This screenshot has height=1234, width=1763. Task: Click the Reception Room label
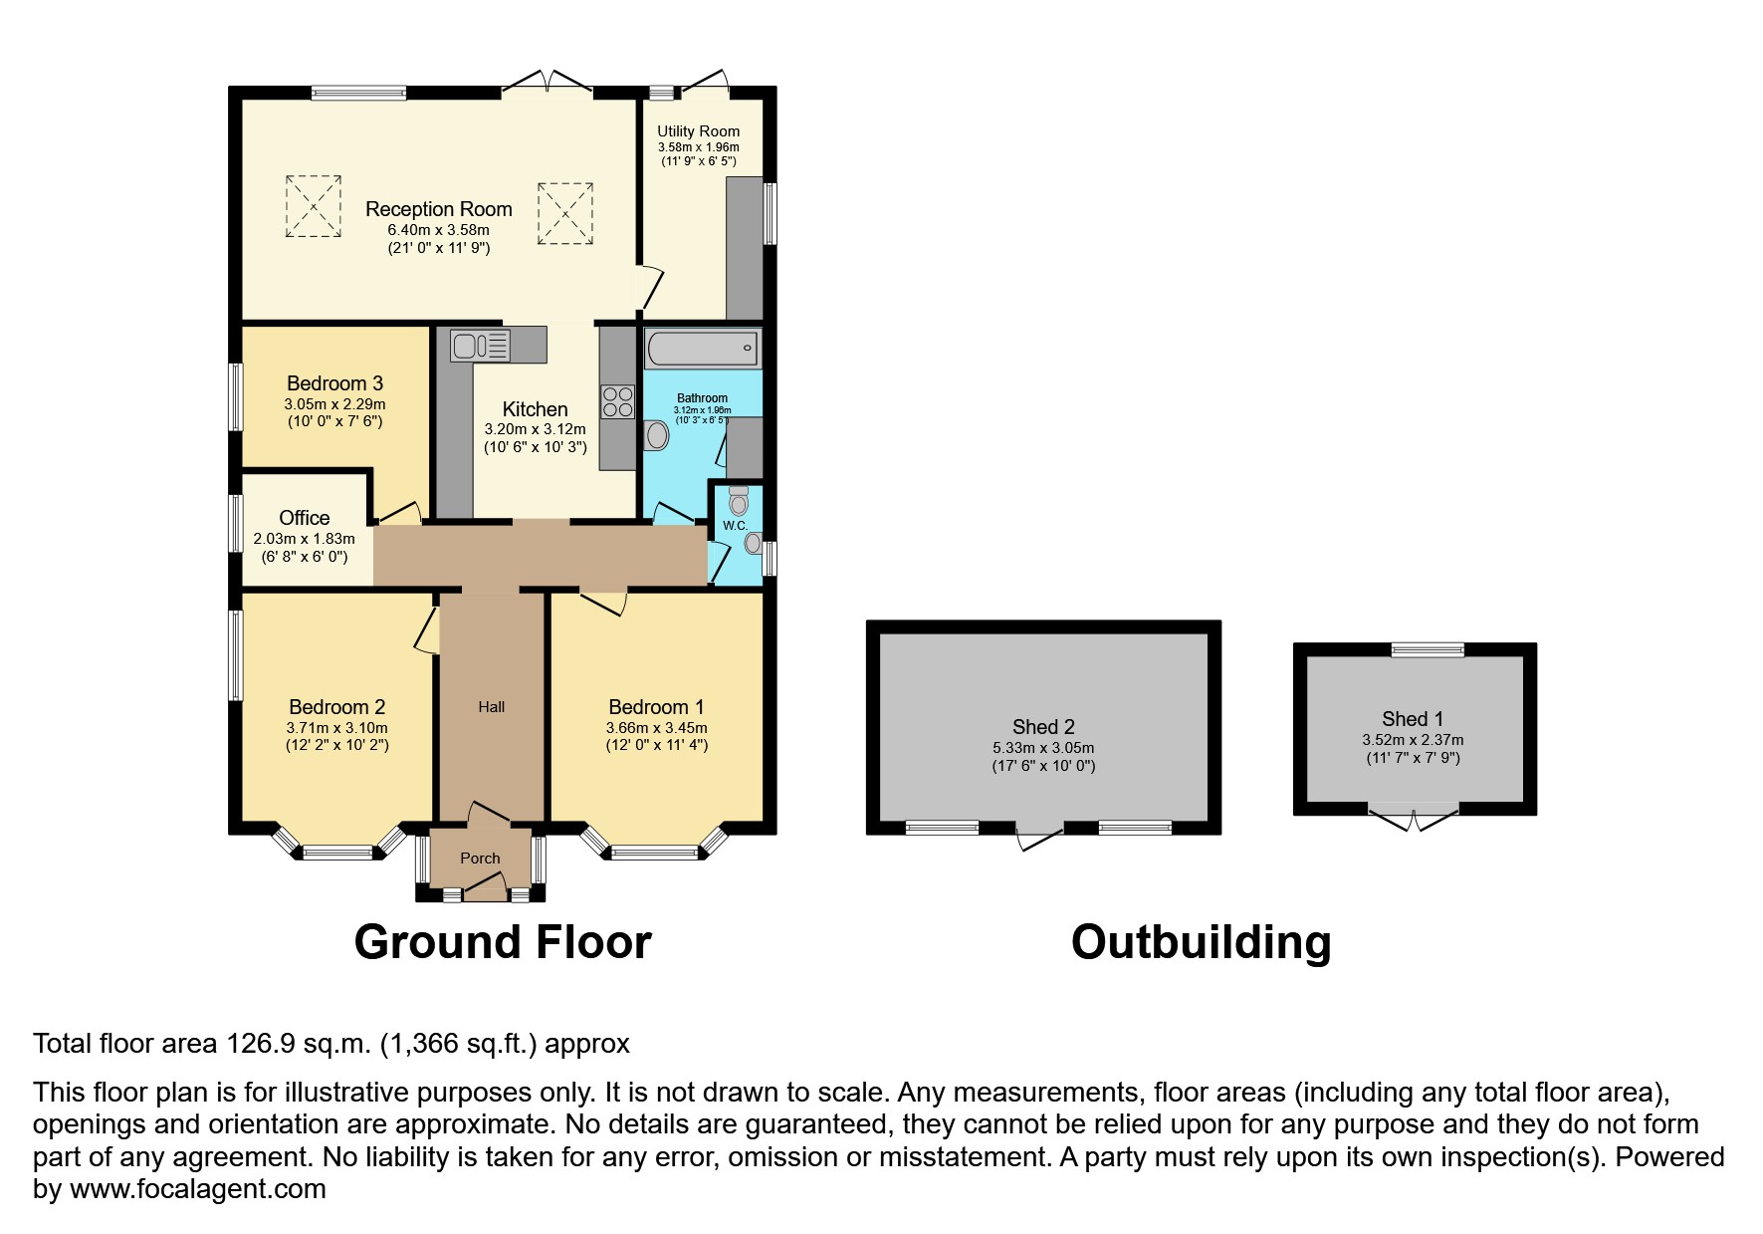pos(438,209)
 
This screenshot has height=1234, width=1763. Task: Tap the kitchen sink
pos(479,346)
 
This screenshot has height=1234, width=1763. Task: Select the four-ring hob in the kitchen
pos(617,401)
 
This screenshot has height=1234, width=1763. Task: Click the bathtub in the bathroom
pos(702,349)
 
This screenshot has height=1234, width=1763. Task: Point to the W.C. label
pos(735,525)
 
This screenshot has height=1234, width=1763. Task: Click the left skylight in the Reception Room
pos(314,206)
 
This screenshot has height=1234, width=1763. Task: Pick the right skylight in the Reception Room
pos(565,213)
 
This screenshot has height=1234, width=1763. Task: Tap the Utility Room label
pos(698,131)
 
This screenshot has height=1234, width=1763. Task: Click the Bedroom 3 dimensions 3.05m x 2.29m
pos(334,404)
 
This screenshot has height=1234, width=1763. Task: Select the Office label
pos(304,518)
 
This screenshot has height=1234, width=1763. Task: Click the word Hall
pos(491,707)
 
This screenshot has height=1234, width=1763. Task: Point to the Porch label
pos(480,858)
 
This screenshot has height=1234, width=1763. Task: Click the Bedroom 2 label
pos(336,707)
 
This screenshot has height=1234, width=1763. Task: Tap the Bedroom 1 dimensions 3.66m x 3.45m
pos(656,728)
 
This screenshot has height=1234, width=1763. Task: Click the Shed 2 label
pos(1043,727)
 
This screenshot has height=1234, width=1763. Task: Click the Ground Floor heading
pos(502,942)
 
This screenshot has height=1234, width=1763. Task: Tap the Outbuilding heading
pos(1201,942)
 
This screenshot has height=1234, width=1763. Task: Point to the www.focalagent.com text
pos(197,1189)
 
